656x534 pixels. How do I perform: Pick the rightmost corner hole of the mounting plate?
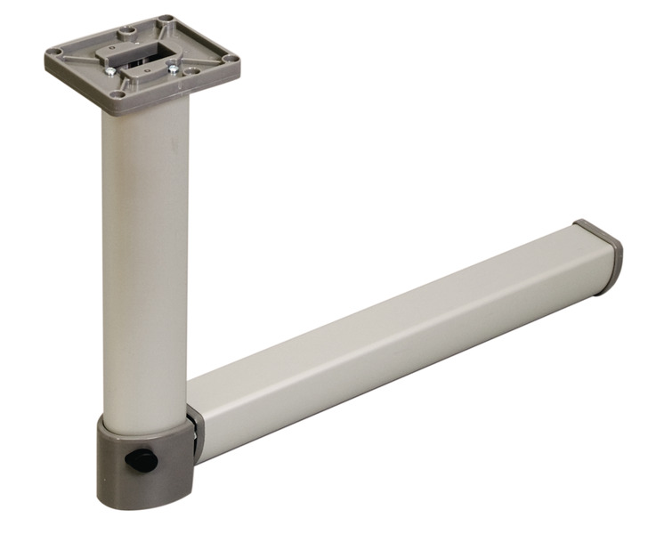[x=231, y=59]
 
